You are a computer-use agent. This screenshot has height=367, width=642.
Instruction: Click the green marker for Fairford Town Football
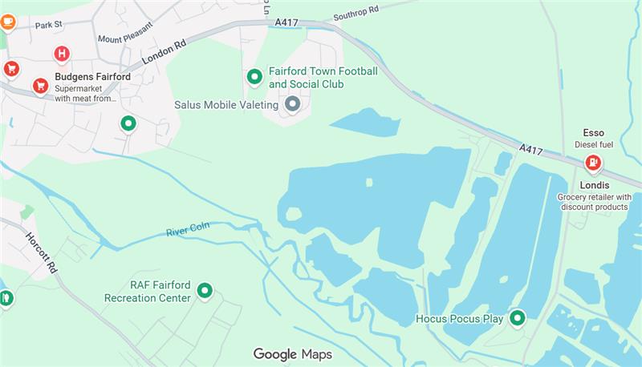coord(254,77)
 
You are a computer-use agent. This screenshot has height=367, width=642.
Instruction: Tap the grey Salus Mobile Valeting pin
coord(293,104)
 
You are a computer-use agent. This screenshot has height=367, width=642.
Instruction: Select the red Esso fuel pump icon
coord(593,163)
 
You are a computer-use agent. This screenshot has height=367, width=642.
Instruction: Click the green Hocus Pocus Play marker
coord(518,318)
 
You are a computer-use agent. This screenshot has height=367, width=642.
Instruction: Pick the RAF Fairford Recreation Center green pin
coord(205,291)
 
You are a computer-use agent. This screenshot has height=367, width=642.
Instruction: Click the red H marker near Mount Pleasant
coord(61,54)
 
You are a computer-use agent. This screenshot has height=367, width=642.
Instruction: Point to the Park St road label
coord(48,26)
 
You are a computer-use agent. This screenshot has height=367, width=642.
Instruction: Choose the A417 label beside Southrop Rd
coord(287,22)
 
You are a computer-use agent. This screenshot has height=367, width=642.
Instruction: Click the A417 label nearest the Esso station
coord(531,149)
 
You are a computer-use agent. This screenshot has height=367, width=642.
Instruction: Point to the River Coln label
coord(187,231)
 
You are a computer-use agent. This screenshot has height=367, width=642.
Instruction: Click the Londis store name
coord(594,185)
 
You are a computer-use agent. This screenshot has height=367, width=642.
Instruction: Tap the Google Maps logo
coord(292,354)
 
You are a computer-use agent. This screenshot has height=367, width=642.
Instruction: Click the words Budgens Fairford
coord(92,77)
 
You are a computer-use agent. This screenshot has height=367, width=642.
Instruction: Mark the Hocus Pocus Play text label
coord(459,319)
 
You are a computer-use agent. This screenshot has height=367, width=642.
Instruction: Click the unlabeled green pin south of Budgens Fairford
coord(128,123)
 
